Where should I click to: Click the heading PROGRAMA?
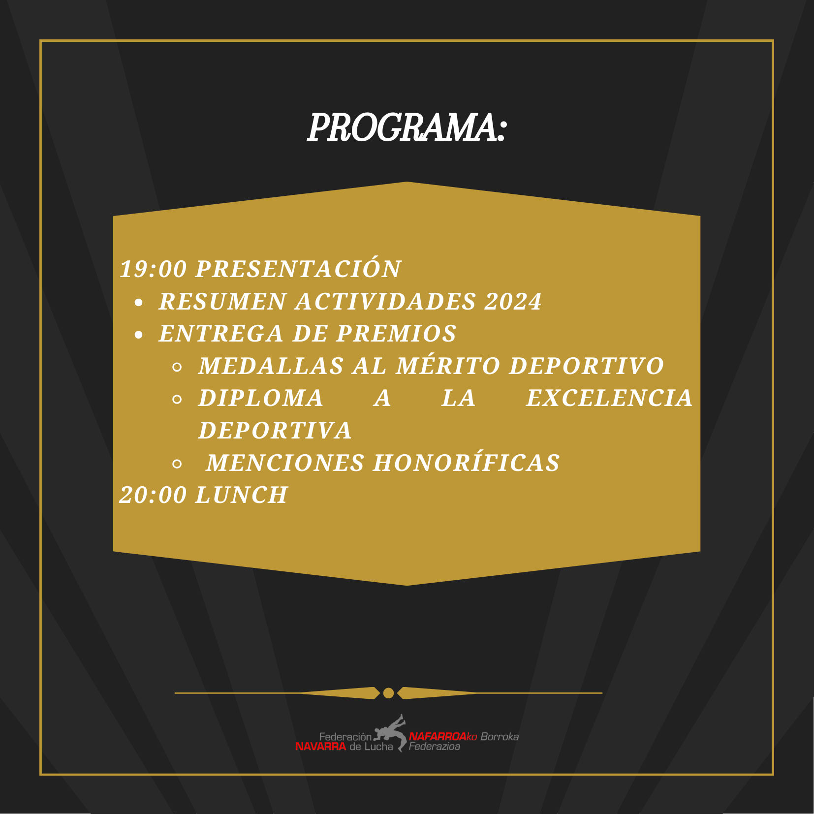click(407, 128)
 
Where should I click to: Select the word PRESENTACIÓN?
click(298, 269)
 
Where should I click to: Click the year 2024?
click(513, 302)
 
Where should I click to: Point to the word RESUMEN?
click(222, 302)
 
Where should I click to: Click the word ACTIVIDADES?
click(385, 302)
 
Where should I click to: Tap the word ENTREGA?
click(221, 334)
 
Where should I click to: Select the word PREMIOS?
click(397, 334)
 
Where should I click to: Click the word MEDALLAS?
click(271, 366)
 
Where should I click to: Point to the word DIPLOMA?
click(261, 399)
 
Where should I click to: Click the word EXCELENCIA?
click(609, 399)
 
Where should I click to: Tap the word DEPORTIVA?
click(275, 431)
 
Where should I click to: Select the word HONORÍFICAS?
click(466, 463)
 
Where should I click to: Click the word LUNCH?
click(242, 495)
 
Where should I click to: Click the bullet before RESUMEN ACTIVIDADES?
click(139, 303)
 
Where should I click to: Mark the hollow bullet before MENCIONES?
click(177, 464)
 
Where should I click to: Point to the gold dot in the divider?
click(388, 693)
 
